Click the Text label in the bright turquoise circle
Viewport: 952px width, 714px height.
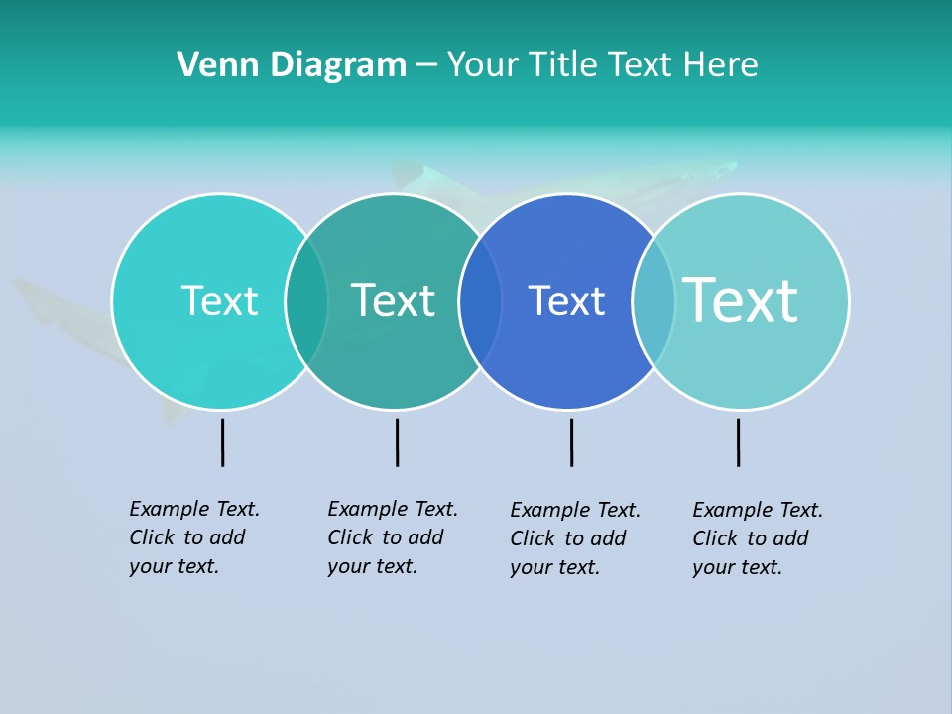(219, 300)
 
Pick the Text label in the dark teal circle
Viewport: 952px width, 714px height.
(394, 300)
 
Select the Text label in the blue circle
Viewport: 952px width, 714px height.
(566, 300)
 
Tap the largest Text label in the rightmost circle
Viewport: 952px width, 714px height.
(741, 300)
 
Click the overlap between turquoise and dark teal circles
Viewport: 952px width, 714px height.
(306, 301)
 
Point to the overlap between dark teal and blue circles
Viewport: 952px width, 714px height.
(480, 301)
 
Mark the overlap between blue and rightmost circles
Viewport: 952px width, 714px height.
(654, 301)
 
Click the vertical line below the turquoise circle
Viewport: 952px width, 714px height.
(223, 442)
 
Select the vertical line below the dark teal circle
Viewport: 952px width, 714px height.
(397, 442)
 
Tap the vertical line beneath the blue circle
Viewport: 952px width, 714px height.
(571, 442)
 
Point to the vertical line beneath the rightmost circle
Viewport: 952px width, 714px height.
(738, 442)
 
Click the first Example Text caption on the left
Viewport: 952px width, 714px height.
(193, 537)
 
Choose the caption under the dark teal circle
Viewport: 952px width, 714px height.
(392, 537)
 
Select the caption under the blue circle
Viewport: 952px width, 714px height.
(574, 538)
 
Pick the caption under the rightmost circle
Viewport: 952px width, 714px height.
(757, 538)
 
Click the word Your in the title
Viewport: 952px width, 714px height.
(484, 65)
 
